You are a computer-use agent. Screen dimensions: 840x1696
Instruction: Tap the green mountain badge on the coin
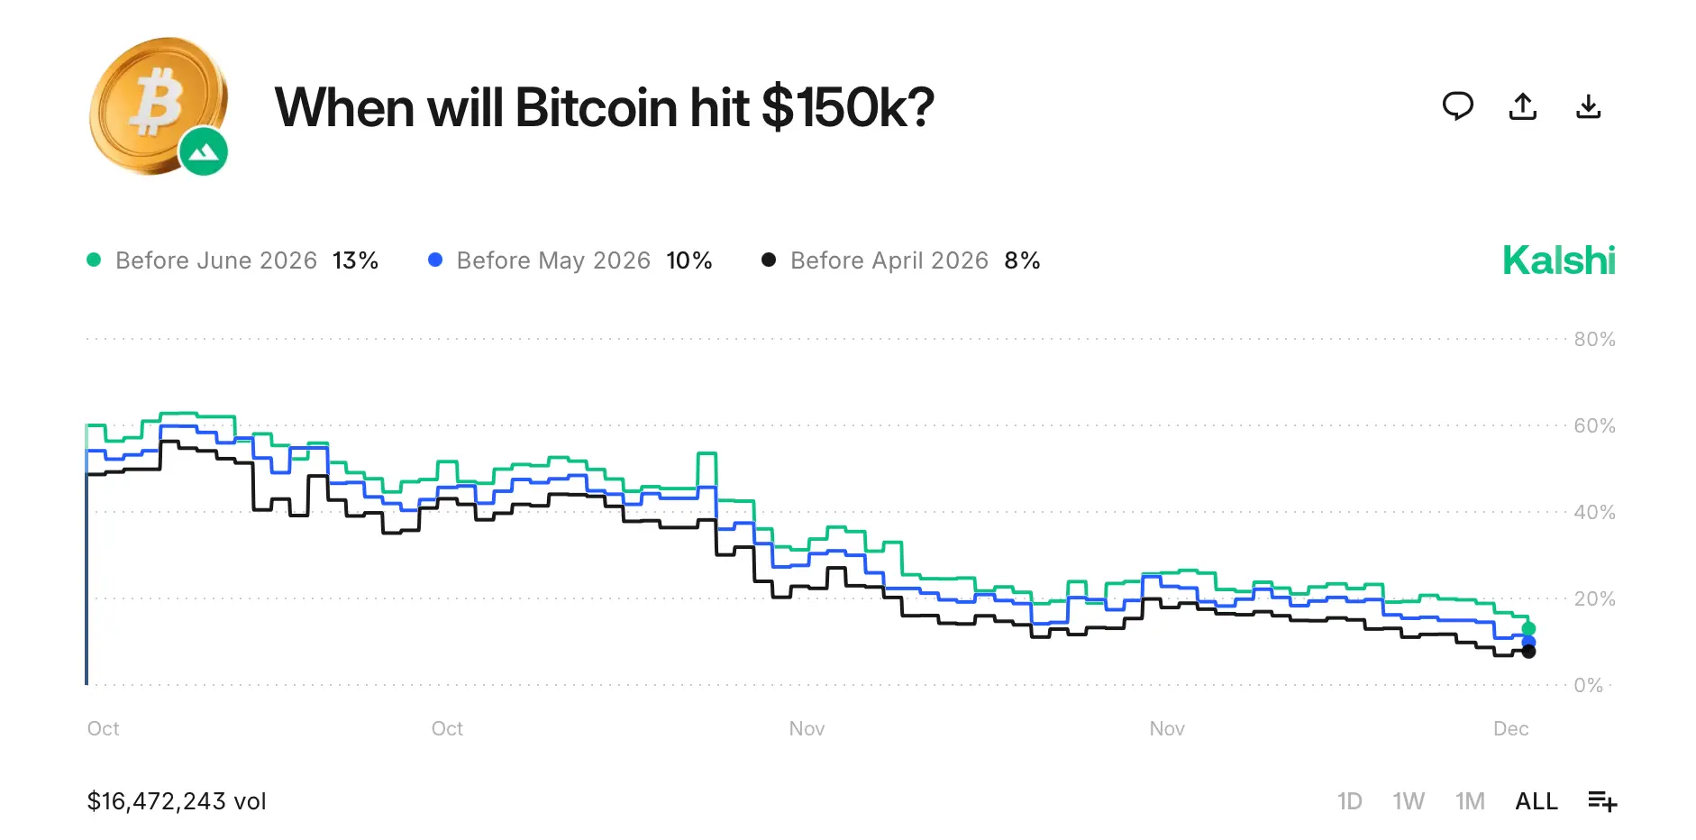click(x=204, y=151)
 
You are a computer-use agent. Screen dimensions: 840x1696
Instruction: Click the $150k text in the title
click(x=847, y=108)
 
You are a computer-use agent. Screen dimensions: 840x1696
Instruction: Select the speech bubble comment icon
click(x=1457, y=106)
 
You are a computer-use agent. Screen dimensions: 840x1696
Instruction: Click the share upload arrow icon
click(x=1523, y=106)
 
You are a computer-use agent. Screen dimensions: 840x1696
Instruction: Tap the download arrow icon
click(x=1588, y=106)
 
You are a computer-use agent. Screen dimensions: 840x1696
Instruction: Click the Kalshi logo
click(x=1558, y=260)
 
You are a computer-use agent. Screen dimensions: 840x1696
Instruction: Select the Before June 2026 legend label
click(x=216, y=260)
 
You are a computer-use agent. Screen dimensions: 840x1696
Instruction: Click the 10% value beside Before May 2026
click(x=689, y=260)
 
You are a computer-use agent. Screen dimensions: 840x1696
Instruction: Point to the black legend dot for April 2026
click(x=769, y=260)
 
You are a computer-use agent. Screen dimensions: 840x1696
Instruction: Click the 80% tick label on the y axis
click(x=1594, y=340)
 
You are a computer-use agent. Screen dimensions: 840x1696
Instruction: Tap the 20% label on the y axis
click(x=1594, y=598)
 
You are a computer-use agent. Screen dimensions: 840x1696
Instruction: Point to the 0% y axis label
click(x=1588, y=685)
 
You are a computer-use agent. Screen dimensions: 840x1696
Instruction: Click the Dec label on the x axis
click(x=1510, y=728)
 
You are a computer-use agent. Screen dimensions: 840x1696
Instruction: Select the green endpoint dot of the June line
click(x=1528, y=628)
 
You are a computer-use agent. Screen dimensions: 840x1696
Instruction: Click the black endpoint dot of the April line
click(x=1528, y=652)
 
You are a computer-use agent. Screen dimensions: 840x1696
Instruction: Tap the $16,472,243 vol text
click(x=177, y=801)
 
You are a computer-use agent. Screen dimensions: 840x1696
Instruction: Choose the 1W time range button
click(x=1408, y=801)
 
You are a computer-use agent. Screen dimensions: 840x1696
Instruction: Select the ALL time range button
click(x=1536, y=801)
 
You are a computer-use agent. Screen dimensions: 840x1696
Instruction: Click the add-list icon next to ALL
click(x=1601, y=800)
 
